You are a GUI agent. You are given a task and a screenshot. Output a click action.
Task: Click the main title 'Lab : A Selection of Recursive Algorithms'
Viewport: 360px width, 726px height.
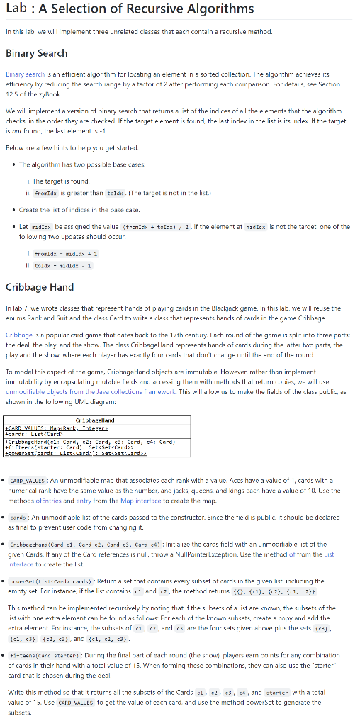click(x=130, y=9)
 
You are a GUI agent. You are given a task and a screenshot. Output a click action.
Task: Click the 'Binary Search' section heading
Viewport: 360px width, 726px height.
click(x=37, y=53)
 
